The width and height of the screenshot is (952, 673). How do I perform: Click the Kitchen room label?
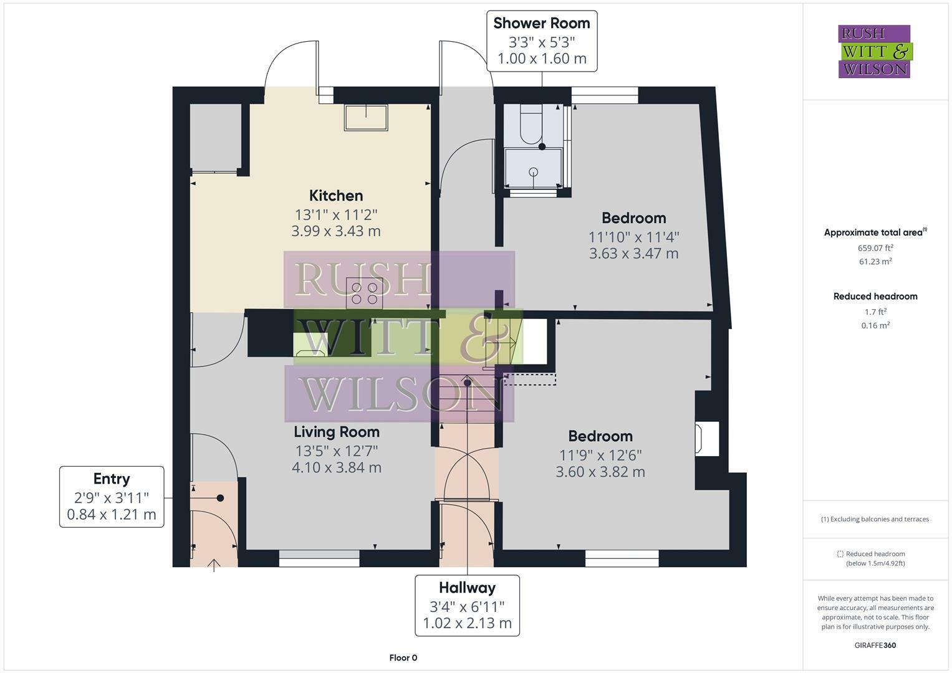(336, 196)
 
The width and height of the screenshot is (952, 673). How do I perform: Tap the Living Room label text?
(337, 432)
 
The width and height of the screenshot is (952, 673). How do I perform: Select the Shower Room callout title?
(541, 24)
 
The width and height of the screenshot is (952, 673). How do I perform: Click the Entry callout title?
(112, 479)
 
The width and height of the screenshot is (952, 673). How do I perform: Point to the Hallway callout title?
(467, 588)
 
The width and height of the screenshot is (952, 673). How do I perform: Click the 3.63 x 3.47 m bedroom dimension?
(633, 254)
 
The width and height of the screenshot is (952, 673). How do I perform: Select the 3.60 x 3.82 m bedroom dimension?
(600, 472)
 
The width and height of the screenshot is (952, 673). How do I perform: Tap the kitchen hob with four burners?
(365, 293)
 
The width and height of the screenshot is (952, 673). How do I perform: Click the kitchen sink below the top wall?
(366, 117)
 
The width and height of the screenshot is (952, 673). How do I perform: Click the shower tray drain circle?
(533, 171)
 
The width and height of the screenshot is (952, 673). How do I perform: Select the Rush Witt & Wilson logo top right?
(875, 51)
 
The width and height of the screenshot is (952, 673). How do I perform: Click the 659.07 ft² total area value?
(875, 247)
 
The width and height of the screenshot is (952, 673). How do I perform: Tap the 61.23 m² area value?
(875, 262)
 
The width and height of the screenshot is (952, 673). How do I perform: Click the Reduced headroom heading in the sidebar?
(875, 297)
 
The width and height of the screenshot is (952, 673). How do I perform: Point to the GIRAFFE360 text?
(875, 645)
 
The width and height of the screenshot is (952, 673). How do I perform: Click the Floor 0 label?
(403, 657)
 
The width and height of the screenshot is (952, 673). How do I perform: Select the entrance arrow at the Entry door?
(214, 565)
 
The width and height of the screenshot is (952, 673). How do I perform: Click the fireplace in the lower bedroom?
(706, 439)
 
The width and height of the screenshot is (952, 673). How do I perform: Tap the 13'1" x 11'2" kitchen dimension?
(336, 215)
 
